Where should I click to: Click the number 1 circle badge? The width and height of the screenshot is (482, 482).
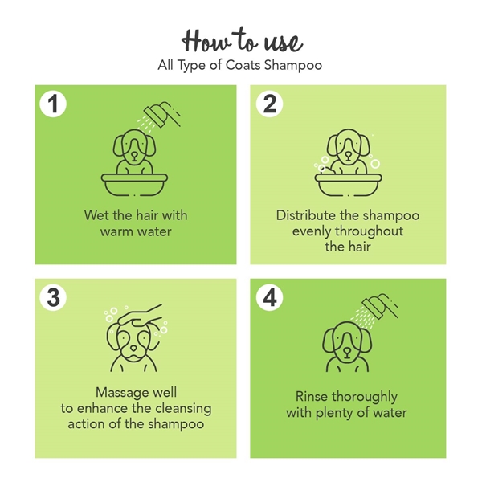pos(53,104)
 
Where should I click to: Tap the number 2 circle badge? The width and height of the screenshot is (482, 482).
pos(270,104)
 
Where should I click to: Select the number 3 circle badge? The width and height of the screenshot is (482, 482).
pos(53,297)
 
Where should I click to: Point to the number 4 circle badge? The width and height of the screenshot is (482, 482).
pos(270,297)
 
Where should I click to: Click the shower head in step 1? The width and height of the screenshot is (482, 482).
pos(162,114)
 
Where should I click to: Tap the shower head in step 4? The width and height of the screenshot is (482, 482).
pos(380,306)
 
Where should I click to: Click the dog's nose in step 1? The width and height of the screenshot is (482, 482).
pos(135,156)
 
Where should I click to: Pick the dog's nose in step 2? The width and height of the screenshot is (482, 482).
pos(348,156)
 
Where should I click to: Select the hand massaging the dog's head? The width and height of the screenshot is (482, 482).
pos(141,316)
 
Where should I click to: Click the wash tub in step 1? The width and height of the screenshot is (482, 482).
pos(135,185)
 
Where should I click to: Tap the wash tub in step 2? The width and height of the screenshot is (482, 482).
pos(349,185)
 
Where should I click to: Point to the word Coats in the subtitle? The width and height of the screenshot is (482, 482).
pos(243,65)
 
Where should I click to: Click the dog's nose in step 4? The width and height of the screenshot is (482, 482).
pos(347,353)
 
